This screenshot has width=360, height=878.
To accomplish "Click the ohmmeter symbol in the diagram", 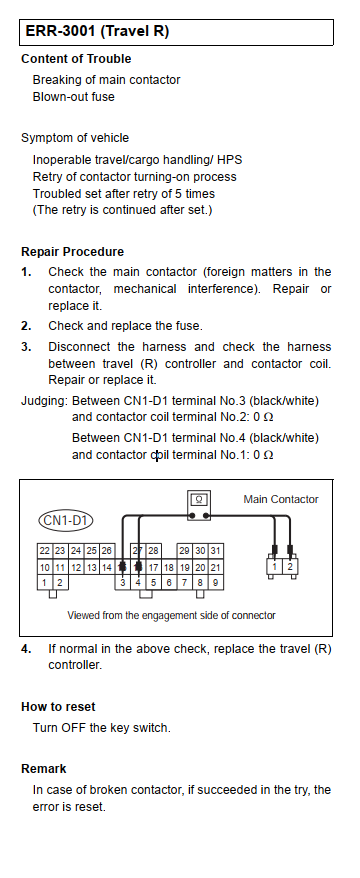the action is pyautogui.click(x=199, y=506).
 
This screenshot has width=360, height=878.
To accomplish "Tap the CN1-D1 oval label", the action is pyautogui.click(x=66, y=521).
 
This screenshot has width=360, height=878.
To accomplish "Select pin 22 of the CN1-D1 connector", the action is pyautogui.click(x=45, y=551).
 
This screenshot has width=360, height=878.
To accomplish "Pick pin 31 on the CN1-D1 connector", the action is pyautogui.click(x=216, y=551).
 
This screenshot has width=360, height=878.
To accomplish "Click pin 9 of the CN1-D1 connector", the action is pyautogui.click(x=216, y=583).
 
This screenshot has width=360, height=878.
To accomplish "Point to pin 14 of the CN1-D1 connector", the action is pyautogui.click(x=106, y=567).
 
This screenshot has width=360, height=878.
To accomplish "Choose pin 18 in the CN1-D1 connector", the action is pyautogui.click(x=169, y=567).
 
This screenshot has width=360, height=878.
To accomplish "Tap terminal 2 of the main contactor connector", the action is pyautogui.click(x=290, y=566).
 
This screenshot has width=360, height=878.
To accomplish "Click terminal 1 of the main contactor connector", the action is pyautogui.click(x=274, y=566).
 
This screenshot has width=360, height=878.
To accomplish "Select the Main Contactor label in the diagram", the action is pyautogui.click(x=281, y=499).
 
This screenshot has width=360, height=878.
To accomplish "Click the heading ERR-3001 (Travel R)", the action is pyautogui.click(x=97, y=31).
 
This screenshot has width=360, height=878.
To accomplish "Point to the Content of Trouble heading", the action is pyautogui.click(x=76, y=59).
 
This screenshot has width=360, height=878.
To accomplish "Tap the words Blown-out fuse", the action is pyautogui.click(x=73, y=97).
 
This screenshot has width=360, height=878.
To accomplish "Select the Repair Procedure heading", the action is pyautogui.click(x=73, y=252).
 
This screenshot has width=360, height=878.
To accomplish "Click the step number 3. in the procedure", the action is pyautogui.click(x=26, y=347).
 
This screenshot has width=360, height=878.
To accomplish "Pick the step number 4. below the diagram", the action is pyautogui.click(x=26, y=650).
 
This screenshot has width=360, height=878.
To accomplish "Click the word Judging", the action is pyautogui.click(x=45, y=401).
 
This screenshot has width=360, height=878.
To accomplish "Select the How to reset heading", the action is pyautogui.click(x=58, y=707).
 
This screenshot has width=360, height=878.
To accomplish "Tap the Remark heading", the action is pyautogui.click(x=44, y=769).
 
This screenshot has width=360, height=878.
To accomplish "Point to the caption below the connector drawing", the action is pyautogui.click(x=171, y=615).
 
